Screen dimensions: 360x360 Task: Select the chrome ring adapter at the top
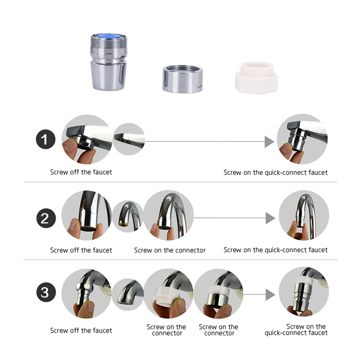(x=182, y=79)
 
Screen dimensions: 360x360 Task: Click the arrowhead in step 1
(x=269, y=142)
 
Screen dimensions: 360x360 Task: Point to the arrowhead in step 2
(x=269, y=218)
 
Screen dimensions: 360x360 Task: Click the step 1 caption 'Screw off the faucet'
(x=81, y=172)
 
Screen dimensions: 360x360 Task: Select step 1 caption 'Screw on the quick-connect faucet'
(x=275, y=172)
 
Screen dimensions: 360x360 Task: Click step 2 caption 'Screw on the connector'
(x=170, y=250)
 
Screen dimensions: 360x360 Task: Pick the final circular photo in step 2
(x=301, y=215)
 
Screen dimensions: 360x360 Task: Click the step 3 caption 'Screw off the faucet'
(x=81, y=331)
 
